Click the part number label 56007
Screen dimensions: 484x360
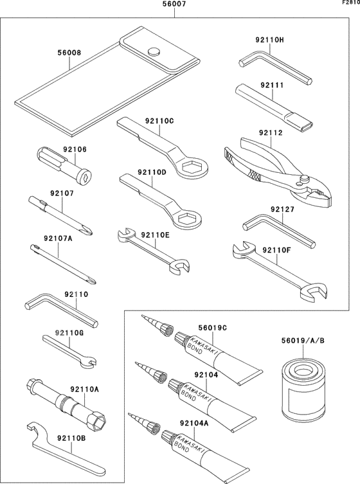(175, 5)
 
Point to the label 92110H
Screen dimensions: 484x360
(272, 40)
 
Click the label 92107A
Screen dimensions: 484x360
(57, 239)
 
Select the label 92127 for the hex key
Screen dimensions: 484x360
(282, 209)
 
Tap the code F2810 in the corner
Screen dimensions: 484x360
(350, 3)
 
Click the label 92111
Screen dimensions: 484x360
(272, 84)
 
